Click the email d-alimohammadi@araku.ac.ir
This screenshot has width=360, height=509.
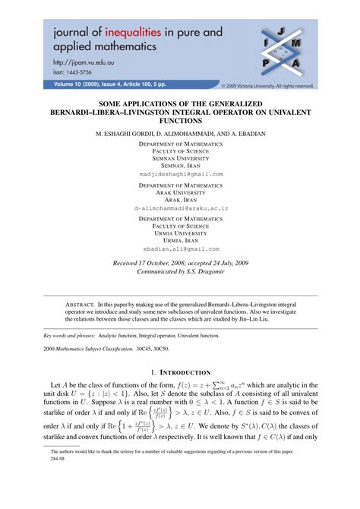181,207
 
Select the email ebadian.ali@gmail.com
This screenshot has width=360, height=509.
181,248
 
